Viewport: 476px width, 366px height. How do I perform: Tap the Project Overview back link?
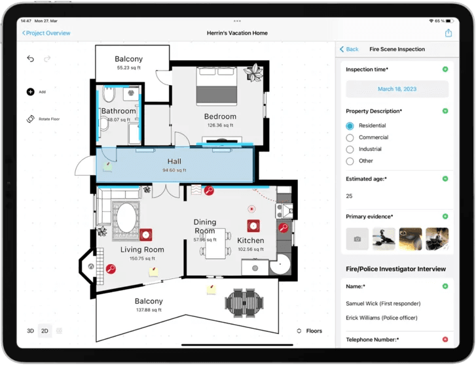46,33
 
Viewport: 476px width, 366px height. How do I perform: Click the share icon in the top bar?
449,33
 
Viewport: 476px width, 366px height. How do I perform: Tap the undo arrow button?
30,59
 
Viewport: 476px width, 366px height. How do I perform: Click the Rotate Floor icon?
30,119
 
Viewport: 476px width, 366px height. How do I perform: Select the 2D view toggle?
45,331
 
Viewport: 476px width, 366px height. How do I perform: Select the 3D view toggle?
30,331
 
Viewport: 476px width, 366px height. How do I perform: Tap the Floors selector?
309,331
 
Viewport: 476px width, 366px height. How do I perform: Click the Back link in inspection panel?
349,49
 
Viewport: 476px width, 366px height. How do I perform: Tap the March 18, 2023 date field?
397,89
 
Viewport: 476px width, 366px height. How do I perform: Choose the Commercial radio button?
350,138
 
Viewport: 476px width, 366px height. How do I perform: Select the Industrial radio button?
350,150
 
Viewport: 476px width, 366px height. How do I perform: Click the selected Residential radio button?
350,126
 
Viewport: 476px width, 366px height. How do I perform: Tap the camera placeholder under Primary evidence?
357,239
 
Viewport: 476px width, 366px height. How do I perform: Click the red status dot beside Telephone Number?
445,340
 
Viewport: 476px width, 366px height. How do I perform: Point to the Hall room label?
174,161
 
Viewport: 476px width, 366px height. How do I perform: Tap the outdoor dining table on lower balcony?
244,302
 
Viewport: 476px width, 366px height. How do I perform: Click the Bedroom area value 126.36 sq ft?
220,125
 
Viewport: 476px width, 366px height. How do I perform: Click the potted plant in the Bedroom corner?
253,73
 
